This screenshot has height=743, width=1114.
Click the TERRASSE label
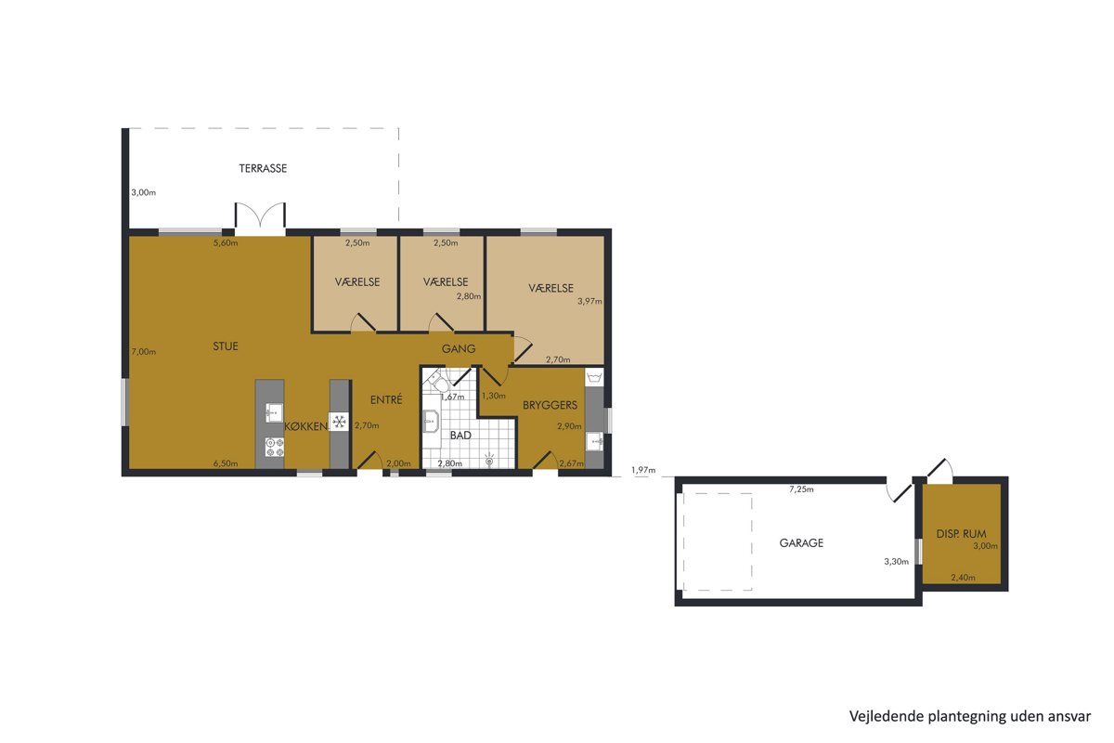pos(263,168)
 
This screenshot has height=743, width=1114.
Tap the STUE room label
pos(226,345)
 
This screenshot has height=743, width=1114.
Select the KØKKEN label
pos(306,426)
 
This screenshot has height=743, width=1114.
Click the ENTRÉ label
pos(386,399)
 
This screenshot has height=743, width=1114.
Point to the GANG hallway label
pos(459,349)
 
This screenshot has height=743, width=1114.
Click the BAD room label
pos(460,435)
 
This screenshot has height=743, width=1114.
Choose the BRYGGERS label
pos(550,405)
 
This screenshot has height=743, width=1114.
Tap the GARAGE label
pos(801,543)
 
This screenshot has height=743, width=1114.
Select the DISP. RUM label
pos(961,534)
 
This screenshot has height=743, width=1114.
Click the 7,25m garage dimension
pos(801,489)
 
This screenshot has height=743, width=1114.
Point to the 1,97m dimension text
pos(643,470)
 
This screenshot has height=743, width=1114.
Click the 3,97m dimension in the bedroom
pos(589,301)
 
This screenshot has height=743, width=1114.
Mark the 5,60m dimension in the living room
pos(226,242)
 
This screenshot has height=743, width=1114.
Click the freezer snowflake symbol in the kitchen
pos(339,422)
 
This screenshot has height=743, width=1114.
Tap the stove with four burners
pos(274,447)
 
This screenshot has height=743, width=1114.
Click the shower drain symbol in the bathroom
pos(489,461)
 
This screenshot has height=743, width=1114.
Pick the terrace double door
pos(260,219)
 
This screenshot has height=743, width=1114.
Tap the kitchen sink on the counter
pos(274,412)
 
